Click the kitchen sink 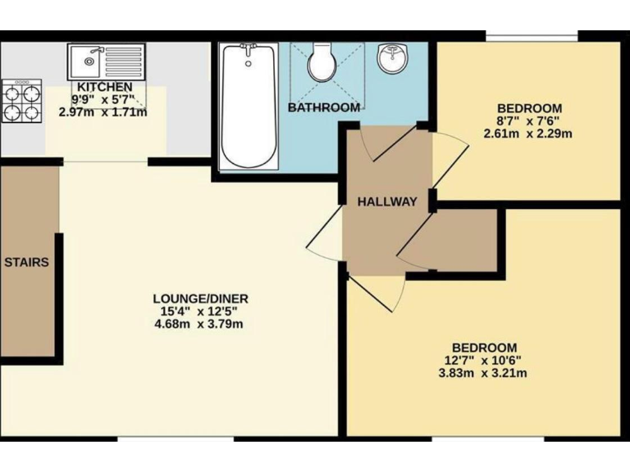coord(107,61)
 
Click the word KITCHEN coord(104,88)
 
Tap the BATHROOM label coord(324,107)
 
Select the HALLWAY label coord(387,202)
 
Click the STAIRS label coord(26,263)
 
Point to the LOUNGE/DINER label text coord(200,298)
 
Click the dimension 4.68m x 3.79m coord(200,324)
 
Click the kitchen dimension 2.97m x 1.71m coord(103,112)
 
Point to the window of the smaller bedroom coord(532,36)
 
